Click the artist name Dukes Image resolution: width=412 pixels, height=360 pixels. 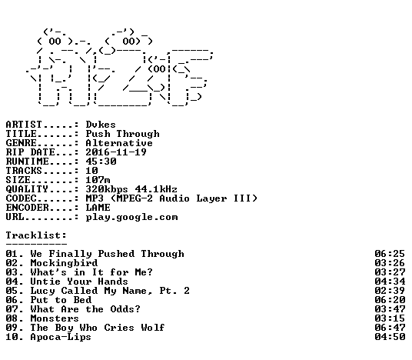(101, 125)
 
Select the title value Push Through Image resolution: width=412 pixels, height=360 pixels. (122, 134)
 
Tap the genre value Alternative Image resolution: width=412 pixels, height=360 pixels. (119, 143)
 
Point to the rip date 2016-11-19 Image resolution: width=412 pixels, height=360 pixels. (116, 152)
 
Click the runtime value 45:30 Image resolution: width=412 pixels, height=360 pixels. (101, 162)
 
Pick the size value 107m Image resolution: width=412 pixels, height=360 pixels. (98, 180)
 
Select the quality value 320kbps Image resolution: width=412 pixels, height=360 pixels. (107, 189)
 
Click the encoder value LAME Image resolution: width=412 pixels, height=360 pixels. (98, 208)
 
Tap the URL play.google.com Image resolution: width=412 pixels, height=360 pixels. (131, 217)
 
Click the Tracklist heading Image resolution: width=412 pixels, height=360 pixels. (36, 235)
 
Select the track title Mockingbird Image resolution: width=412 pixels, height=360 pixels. (64, 263)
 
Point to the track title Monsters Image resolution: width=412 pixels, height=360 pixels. (55, 318)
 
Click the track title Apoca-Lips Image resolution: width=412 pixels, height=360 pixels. (61, 337)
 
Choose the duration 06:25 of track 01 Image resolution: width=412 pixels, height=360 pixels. (390, 254)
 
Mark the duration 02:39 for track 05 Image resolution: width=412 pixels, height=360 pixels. (390, 291)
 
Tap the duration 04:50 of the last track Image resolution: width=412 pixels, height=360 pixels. (390, 337)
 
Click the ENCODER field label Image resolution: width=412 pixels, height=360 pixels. (28, 208)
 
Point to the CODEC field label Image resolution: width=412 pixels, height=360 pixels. (21, 198)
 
